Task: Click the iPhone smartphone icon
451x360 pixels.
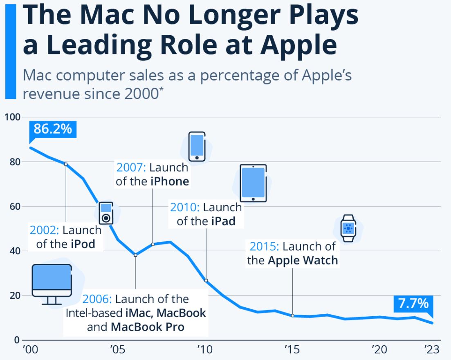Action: pos(197,146)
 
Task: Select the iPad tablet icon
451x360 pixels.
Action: pos(253,183)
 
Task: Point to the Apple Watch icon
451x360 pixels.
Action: pos(348,228)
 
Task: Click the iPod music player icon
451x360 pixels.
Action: pos(106,213)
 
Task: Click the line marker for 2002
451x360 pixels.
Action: pos(66,164)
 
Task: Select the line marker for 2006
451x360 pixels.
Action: pos(135,255)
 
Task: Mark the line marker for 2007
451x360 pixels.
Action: pos(153,244)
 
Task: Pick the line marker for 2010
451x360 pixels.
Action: pos(206,280)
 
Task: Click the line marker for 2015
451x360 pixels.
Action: pos(293,315)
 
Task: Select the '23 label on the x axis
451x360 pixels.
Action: pos(431,350)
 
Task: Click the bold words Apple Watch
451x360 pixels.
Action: pos(303,260)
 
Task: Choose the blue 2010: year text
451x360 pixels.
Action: pos(185,207)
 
